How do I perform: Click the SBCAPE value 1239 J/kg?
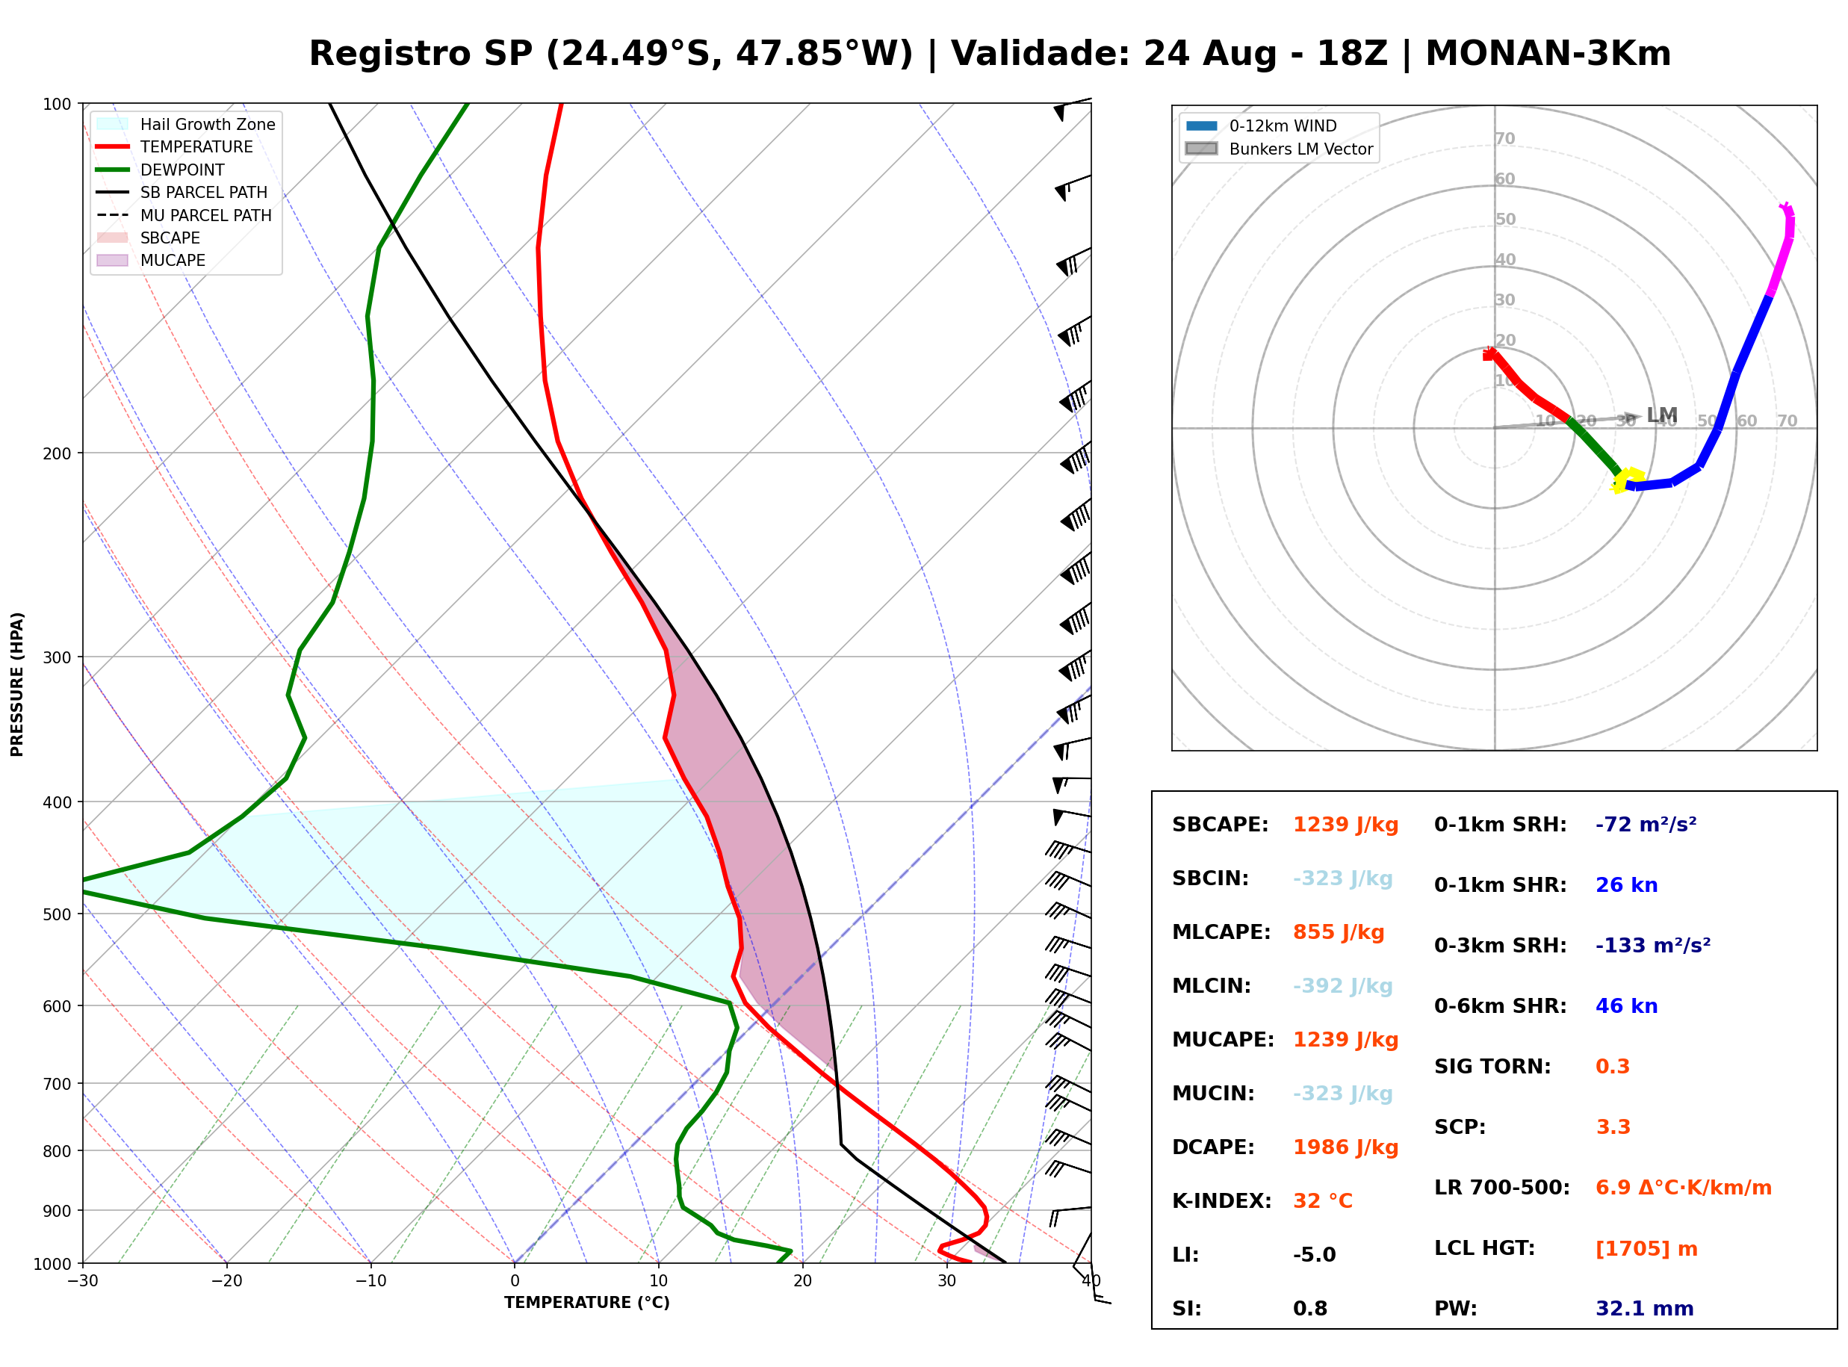pyautogui.click(x=1345, y=825)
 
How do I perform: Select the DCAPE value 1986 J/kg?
pyautogui.click(x=1345, y=1147)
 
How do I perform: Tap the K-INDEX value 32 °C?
pyautogui.click(x=1323, y=1201)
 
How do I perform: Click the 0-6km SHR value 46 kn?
pyautogui.click(x=1626, y=1006)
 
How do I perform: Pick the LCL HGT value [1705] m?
pyautogui.click(x=1646, y=1249)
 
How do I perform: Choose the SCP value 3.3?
pyautogui.click(x=1612, y=1127)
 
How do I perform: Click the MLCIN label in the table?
pyautogui.click(x=1211, y=986)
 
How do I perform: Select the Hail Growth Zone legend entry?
pyautogui.click(x=186, y=124)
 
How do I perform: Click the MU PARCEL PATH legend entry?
pyautogui.click(x=184, y=215)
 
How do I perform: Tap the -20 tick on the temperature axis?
pyautogui.click(x=226, y=1282)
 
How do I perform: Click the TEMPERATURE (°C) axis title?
pyautogui.click(x=586, y=1304)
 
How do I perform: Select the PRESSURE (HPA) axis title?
pyautogui.click(x=17, y=684)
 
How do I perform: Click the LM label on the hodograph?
pyautogui.click(x=1661, y=415)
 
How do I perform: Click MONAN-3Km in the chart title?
pyautogui.click(x=1548, y=54)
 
